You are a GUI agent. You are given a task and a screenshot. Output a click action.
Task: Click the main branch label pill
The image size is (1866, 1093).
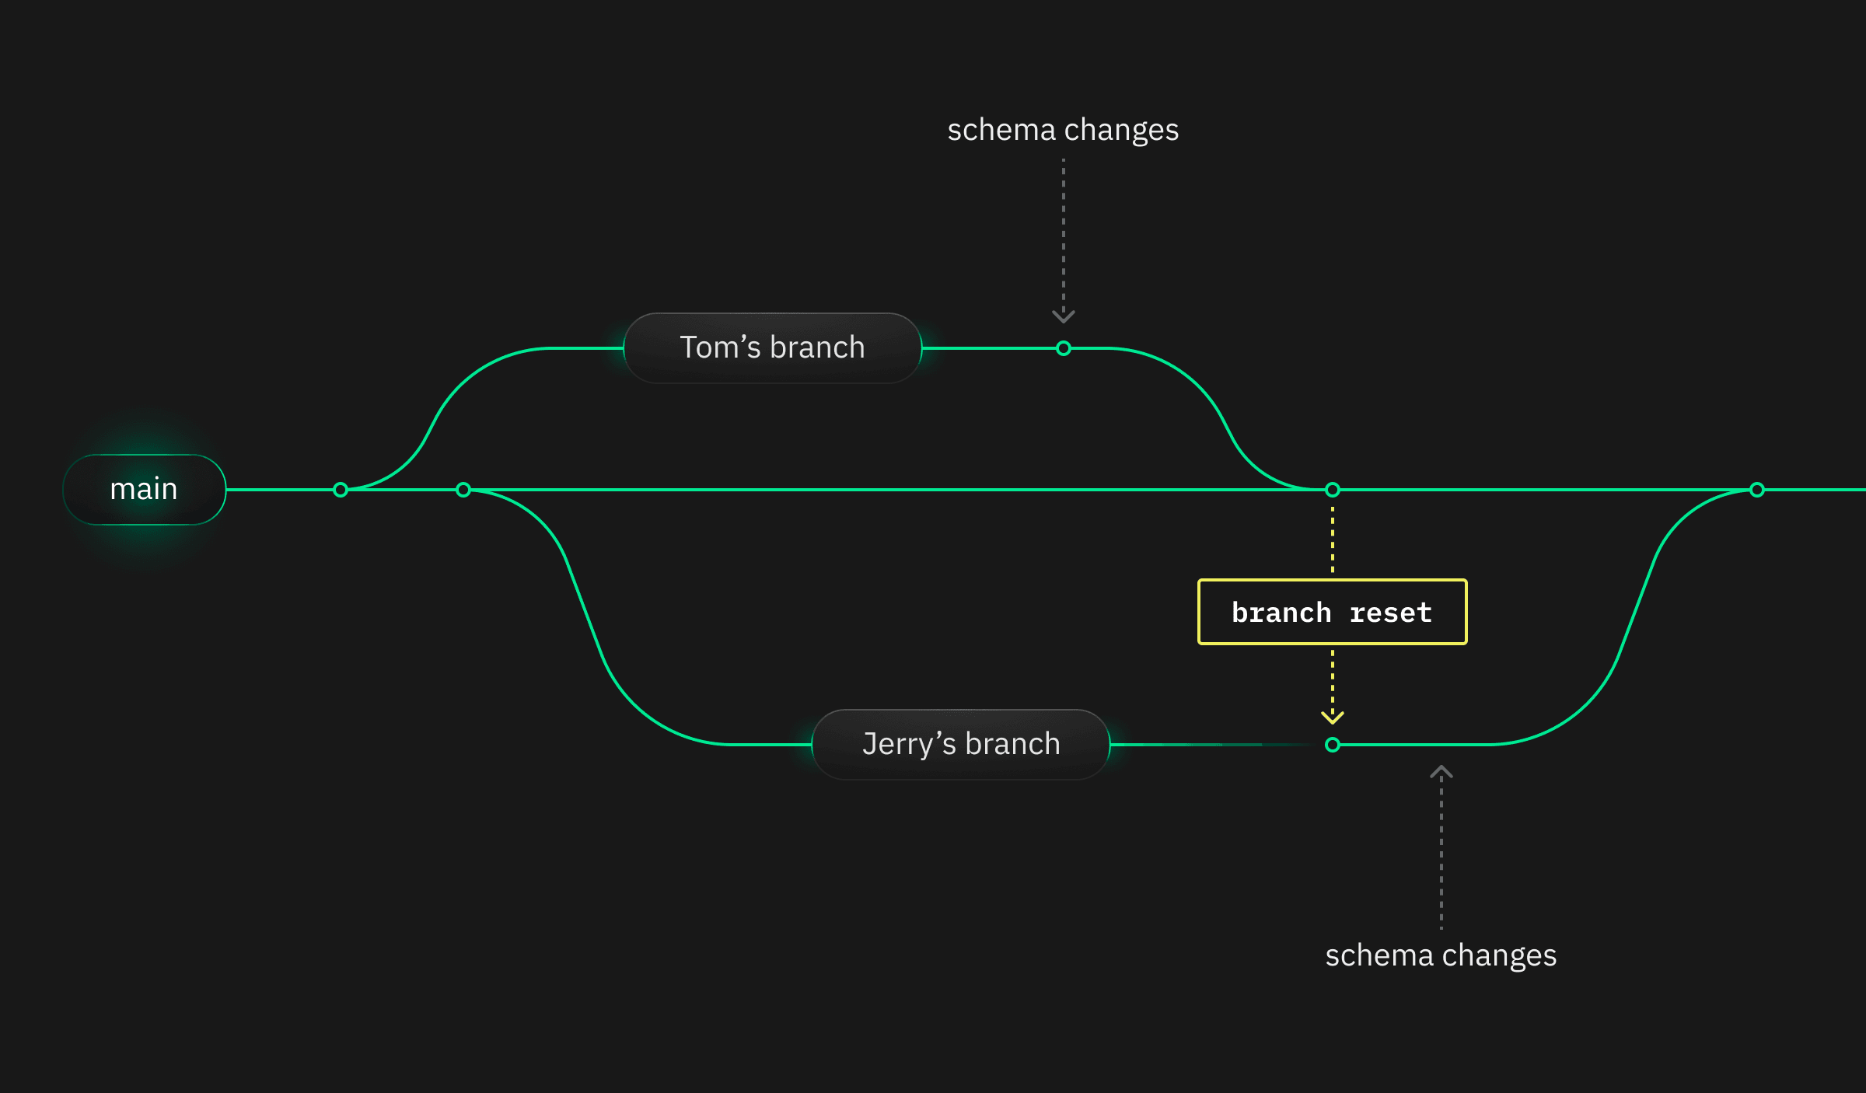point(145,490)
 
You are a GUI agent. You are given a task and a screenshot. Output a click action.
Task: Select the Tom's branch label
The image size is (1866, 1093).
point(772,347)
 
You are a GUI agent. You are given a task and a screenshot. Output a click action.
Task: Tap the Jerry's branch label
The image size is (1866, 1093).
point(961,744)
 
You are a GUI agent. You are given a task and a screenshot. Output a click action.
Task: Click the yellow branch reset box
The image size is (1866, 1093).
point(1332,612)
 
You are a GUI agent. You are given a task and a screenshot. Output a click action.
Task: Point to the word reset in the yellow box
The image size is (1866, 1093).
point(1391,613)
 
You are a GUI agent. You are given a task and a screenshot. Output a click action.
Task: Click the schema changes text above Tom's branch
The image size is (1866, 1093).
point(1063,130)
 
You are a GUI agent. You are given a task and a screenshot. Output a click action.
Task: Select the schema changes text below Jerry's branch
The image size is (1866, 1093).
point(1441,955)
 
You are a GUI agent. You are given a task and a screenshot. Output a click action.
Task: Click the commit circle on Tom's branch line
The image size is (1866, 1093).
point(1064,348)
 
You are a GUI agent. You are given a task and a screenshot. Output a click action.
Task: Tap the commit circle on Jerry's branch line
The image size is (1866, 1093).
point(1333,745)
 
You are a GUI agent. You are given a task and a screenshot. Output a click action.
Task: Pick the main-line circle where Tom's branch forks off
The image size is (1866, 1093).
point(341,490)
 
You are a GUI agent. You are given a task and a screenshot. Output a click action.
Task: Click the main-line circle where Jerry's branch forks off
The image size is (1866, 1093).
point(463,490)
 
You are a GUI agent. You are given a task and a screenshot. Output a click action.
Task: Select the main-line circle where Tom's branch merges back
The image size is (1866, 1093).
point(1333,490)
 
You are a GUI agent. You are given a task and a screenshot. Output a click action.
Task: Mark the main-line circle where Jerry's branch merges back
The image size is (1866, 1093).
point(1757,490)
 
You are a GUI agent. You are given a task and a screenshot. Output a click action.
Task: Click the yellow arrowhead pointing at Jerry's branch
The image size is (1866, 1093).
point(1333,717)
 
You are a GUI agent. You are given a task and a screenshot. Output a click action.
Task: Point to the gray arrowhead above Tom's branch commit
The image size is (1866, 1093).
point(1064,316)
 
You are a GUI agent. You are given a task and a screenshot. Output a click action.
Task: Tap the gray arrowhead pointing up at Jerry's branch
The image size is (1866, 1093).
point(1441,773)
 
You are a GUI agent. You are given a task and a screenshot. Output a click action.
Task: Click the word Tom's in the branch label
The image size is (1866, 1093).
point(720,347)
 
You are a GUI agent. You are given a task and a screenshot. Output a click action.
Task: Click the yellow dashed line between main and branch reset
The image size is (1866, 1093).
point(1333,540)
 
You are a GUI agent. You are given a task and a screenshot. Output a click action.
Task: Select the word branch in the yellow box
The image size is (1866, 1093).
point(1281,613)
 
